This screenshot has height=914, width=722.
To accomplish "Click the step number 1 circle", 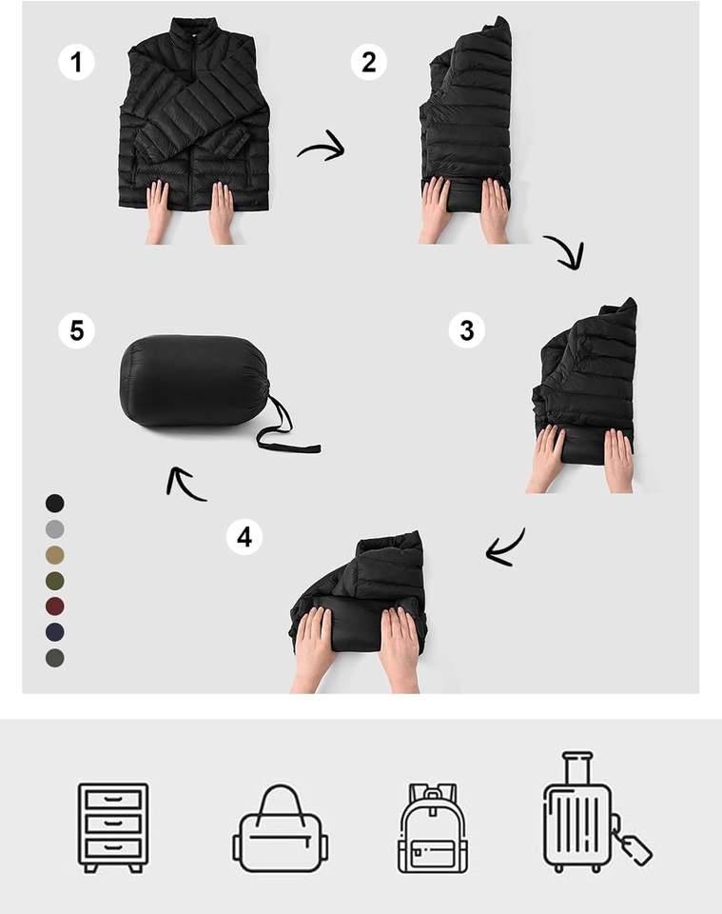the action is [76, 62].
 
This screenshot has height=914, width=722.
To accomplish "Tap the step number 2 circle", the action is [368, 62].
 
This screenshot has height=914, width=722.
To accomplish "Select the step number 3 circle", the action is [466, 330].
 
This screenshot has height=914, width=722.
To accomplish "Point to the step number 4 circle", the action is [244, 537].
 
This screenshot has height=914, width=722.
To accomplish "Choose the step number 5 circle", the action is [76, 330].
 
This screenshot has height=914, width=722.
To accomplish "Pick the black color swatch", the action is [55, 503].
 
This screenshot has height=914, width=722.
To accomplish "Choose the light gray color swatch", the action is [55, 529].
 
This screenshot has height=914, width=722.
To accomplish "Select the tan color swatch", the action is [55, 555].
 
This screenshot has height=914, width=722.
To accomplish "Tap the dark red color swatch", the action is [55, 606].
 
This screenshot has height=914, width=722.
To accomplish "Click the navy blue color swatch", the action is [55, 632].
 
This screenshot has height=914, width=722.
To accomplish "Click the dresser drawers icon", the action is [113, 827].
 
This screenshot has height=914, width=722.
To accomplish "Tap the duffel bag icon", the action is [280, 829].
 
